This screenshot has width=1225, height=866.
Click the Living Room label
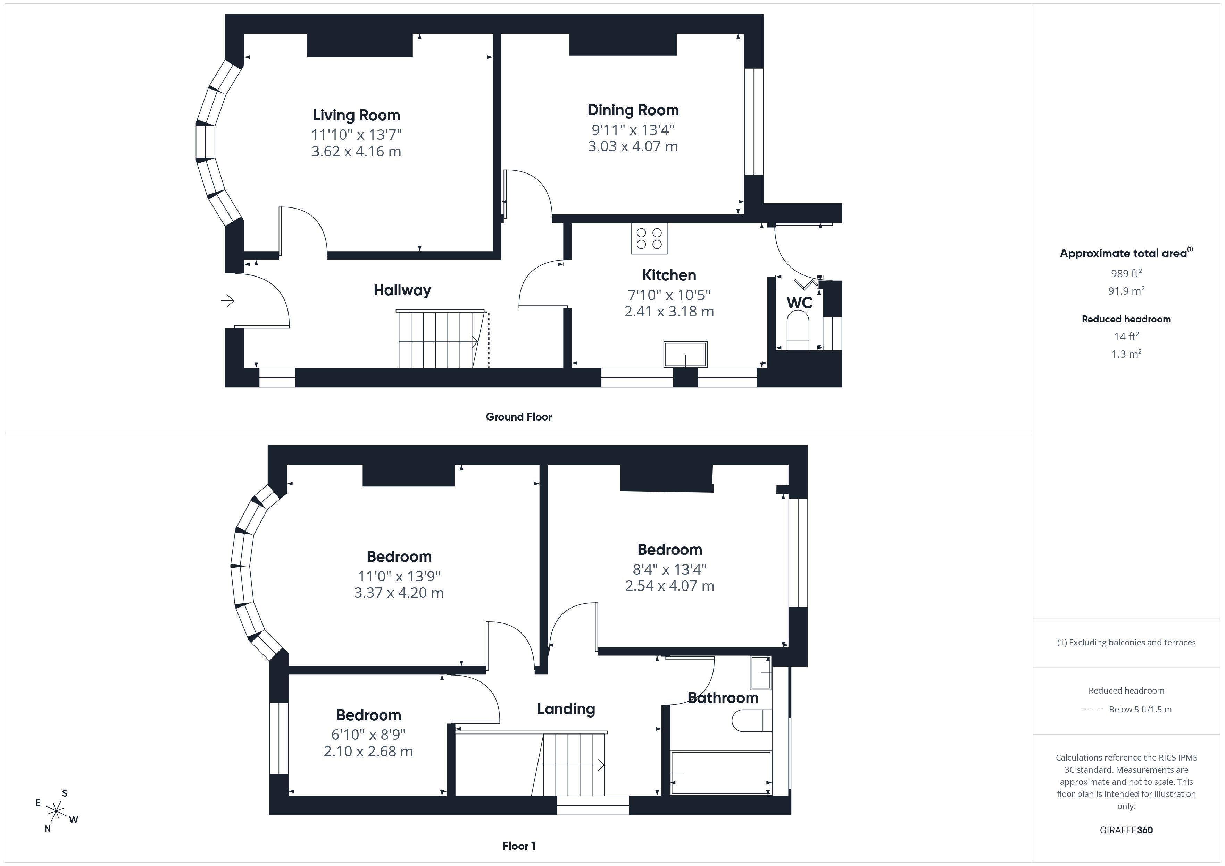[x=356, y=115]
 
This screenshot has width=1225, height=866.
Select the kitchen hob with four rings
[x=649, y=238]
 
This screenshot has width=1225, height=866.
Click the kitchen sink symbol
[x=686, y=355]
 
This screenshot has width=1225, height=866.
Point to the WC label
[x=799, y=303]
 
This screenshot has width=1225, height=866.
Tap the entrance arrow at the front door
[x=228, y=301]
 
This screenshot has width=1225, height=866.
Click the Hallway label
[x=402, y=290]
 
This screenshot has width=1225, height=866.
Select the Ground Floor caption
[x=519, y=416]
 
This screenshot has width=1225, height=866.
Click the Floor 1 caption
[x=519, y=846]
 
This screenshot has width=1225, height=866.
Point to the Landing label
[x=566, y=709]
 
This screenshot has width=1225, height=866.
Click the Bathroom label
[x=723, y=697]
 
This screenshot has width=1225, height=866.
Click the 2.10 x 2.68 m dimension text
[x=368, y=752]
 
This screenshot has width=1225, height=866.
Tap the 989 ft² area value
[x=1126, y=273]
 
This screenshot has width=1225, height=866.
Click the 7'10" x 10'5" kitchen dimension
[x=669, y=294]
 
